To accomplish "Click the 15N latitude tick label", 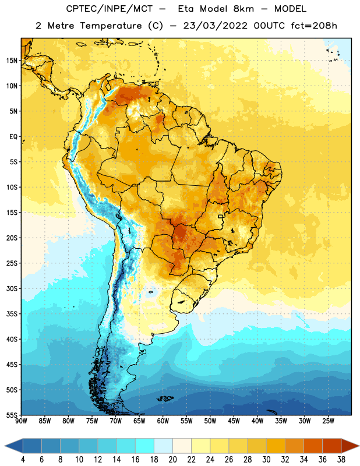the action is pyautogui.click(x=12, y=61).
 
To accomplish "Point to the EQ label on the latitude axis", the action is pyautogui.click(x=13, y=137).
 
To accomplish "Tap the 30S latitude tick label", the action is pyautogui.click(x=12, y=288).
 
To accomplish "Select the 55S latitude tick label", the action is pyautogui.click(x=12, y=415).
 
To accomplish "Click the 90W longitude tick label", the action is pyautogui.click(x=21, y=421).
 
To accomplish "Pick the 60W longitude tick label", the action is pyautogui.click(x=163, y=421).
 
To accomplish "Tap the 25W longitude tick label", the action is pyautogui.click(x=328, y=421).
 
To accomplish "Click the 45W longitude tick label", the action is pyautogui.click(x=234, y=421).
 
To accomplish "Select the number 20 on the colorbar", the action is pyautogui.click(x=172, y=460).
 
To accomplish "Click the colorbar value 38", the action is pyautogui.click(x=341, y=460).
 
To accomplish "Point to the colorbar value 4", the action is pyautogui.click(x=23, y=460).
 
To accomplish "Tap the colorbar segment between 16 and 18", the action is pyautogui.click(x=145, y=446).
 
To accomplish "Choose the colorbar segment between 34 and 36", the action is pyautogui.click(x=313, y=446).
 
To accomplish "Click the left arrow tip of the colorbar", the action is pyautogui.click(x=5, y=446).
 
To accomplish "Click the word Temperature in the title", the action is pyautogui.click(x=111, y=26).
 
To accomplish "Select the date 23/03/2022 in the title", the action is pyautogui.click(x=215, y=26).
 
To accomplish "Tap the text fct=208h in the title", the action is pyautogui.click(x=314, y=26).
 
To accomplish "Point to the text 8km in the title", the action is pyautogui.click(x=243, y=9).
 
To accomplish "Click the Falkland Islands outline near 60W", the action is pyautogui.click(x=165, y=398).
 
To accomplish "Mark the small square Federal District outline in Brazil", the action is pyautogui.click(x=221, y=216).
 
